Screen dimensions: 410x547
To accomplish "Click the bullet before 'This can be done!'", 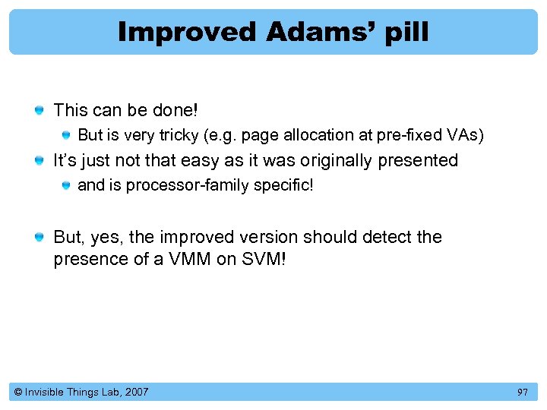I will pyautogui.click(x=38, y=111).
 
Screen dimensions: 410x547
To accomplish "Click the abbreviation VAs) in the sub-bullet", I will pyautogui.click(x=465, y=135).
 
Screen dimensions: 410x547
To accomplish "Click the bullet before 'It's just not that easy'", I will pyautogui.click(x=38, y=161).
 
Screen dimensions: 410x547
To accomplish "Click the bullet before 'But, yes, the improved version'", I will pyautogui.click(x=38, y=238).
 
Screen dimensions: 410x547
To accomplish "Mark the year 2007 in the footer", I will pyautogui.click(x=136, y=392).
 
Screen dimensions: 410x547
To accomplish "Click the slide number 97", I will pyautogui.click(x=522, y=392).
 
